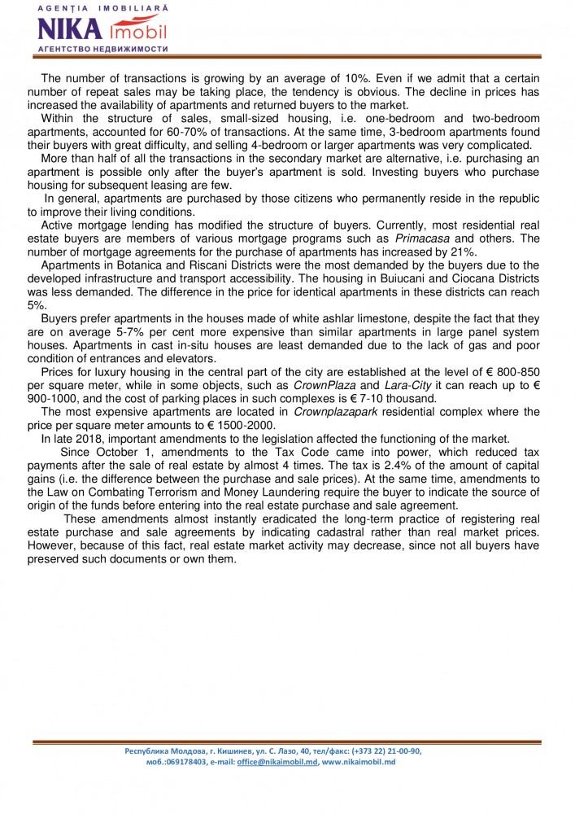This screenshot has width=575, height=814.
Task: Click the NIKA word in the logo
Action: pos(70,30)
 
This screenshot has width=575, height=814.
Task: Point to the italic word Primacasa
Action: pos(418,238)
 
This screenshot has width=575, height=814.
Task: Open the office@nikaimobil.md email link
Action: pos(277,762)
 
